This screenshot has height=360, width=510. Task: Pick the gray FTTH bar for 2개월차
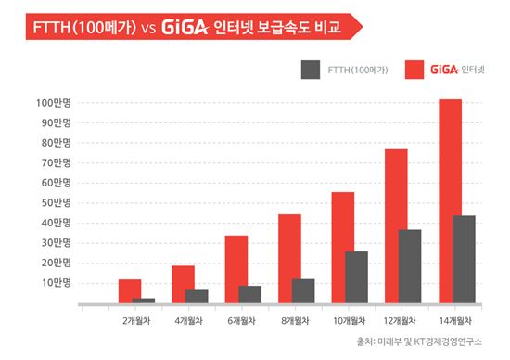click(x=144, y=300)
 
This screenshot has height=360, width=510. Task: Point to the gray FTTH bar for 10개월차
click(x=355, y=276)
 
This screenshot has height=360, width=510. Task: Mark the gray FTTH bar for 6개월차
click(x=249, y=293)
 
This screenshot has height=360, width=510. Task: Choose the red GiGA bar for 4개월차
click(x=183, y=284)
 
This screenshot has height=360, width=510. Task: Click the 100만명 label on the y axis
click(x=54, y=101)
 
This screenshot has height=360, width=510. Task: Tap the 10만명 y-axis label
click(x=56, y=282)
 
